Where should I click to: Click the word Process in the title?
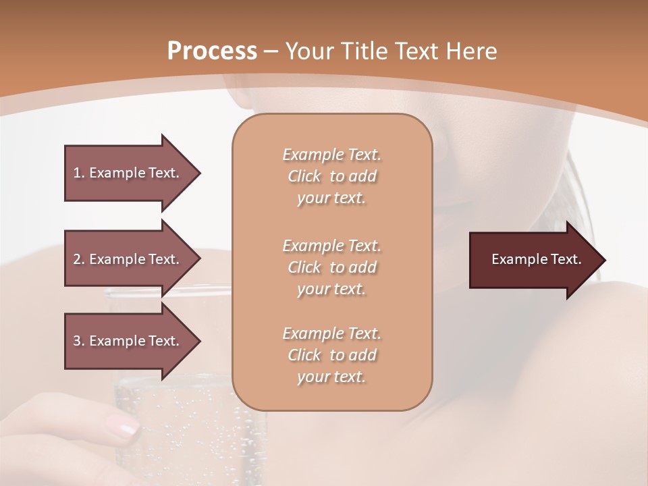(212, 51)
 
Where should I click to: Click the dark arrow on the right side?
(533, 260)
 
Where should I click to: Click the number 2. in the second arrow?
(79, 259)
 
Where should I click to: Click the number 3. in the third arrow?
(79, 341)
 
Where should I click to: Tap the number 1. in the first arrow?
(79, 173)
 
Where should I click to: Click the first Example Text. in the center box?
(331, 155)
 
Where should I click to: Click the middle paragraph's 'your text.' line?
(331, 289)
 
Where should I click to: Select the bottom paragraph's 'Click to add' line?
(331, 355)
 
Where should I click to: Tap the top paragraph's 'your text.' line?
(331, 198)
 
